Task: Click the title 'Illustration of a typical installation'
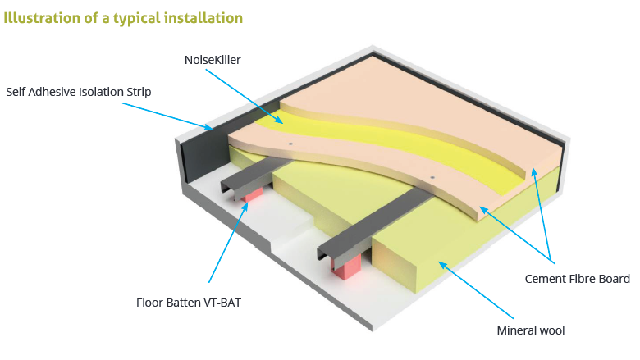click(x=123, y=16)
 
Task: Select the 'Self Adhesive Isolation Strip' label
click(x=78, y=91)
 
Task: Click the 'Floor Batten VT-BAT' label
click(x=188, y=302)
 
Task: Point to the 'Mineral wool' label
click(x=531, y=330)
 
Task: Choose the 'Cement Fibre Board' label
click(x=577, y=279)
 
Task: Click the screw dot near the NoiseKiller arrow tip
click(x=291, y=141)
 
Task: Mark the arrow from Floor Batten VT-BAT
click(x=226, y=246)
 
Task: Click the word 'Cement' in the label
click(x=546, y=279)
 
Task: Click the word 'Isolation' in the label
click(x=99, y=91)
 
